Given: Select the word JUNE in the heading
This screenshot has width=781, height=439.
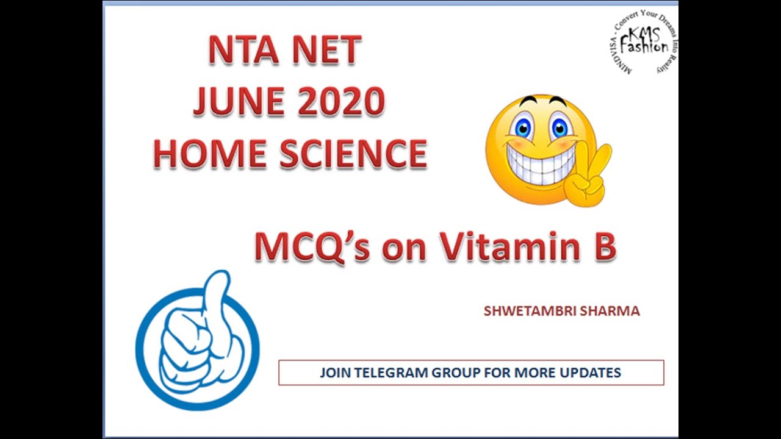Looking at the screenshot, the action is tap(238, 101).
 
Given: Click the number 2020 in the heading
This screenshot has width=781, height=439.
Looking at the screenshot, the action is tap(341, 101).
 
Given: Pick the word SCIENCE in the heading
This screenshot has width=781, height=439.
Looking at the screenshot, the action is tap(353, 153).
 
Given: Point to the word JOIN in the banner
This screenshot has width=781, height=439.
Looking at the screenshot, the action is tap(336, 373).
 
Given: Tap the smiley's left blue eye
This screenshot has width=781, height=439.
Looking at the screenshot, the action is tap(522, 129).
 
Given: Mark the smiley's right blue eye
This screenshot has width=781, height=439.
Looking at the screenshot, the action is tap(559, 127).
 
